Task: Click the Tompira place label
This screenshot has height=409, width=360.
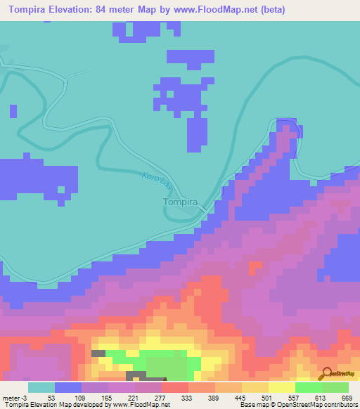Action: [x=179, y=202]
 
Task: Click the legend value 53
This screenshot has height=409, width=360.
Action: [x=41, y=398]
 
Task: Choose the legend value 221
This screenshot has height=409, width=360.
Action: [x=132, y=398]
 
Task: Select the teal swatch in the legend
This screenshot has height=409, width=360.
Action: [x=41, y=387]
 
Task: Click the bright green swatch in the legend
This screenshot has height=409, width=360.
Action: [x=309, y=387]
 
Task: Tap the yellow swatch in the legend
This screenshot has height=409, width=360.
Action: [x=282, y=387]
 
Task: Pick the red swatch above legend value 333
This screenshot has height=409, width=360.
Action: [x=175, y=387]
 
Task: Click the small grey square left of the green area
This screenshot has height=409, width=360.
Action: [x=98, y=353]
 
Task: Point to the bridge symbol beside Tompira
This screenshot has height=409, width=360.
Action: [x=202, y=209]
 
